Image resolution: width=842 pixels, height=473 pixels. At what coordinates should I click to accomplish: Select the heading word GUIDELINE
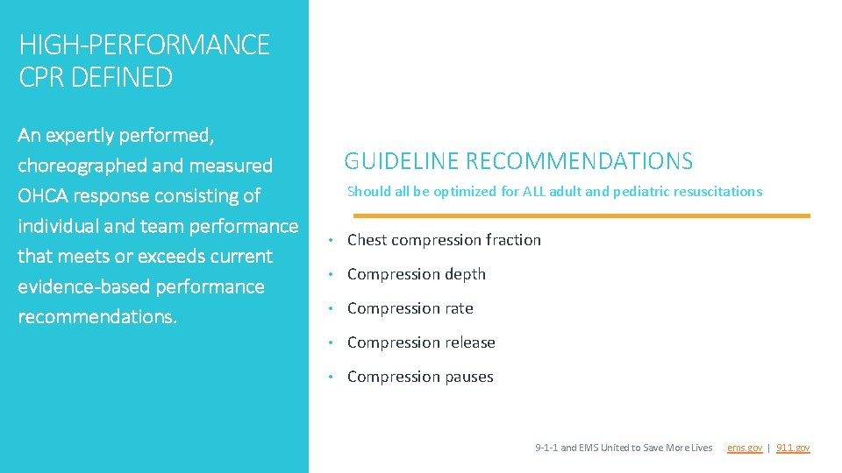coord(401,161)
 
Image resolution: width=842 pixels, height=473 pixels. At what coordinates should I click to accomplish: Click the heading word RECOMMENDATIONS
coord(579,161)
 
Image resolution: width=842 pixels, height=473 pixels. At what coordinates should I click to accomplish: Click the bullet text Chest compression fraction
coord(444,240)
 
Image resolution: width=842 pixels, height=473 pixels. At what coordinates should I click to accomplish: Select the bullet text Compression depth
coord(416,274)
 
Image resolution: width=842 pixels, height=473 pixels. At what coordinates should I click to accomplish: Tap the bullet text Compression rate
coord(410,308)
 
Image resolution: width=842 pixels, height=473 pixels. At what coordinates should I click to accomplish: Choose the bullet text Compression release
coord(421,342)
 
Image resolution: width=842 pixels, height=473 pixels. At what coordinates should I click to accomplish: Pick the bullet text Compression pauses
coord(420,377)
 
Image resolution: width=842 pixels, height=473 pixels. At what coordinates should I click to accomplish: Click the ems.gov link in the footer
coord(744,448)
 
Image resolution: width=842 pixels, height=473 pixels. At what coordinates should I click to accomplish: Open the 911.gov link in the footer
coord(793,448)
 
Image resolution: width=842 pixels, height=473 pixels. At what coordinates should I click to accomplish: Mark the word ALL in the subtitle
coord(535,191)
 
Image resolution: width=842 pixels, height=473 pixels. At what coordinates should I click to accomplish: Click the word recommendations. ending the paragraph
coord(97,316)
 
